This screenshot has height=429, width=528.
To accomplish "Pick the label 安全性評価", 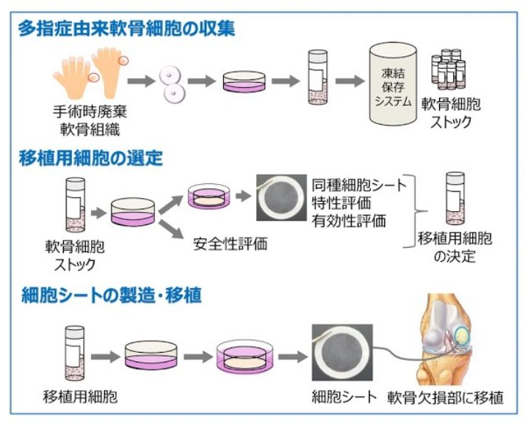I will tap(231, 244).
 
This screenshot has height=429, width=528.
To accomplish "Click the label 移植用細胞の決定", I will tap(455, 246).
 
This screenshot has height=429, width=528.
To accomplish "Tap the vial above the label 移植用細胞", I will tap(72, 349).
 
